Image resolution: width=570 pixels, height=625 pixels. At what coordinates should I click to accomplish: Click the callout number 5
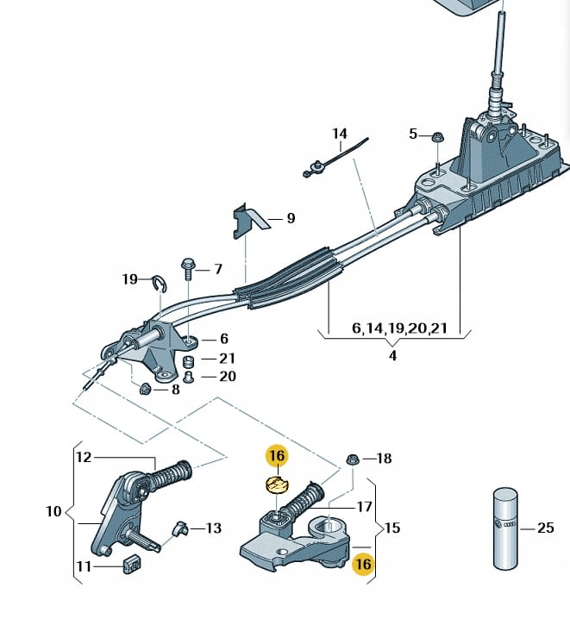413,134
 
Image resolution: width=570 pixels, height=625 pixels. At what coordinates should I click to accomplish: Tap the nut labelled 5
438,138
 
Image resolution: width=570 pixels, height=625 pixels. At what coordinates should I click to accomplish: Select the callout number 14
340,134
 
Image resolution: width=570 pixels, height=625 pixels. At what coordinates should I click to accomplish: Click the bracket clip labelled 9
247,222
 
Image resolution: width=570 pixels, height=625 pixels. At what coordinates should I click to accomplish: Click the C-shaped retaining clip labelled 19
160,284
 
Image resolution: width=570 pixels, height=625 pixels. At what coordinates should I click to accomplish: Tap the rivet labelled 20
188,377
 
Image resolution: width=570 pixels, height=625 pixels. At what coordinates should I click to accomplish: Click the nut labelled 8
145,389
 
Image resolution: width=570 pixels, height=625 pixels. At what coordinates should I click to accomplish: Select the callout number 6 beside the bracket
224,339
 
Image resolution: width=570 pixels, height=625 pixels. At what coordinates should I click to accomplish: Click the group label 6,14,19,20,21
399,328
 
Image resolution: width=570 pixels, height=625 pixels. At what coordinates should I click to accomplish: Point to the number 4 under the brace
393,355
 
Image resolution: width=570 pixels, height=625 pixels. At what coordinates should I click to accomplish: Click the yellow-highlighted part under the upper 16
277,485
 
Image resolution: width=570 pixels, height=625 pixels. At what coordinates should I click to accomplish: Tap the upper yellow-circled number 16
278,455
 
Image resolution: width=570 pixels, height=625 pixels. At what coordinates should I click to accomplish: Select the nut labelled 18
353,459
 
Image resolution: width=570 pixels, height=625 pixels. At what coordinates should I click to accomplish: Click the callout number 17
364,507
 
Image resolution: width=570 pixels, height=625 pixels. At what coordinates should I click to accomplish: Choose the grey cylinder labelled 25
506,528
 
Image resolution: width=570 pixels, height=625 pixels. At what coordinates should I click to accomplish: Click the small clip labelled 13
179,528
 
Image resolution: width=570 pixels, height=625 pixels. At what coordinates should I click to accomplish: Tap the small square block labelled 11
132,564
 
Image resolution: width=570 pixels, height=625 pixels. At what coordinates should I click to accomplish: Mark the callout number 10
53,511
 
